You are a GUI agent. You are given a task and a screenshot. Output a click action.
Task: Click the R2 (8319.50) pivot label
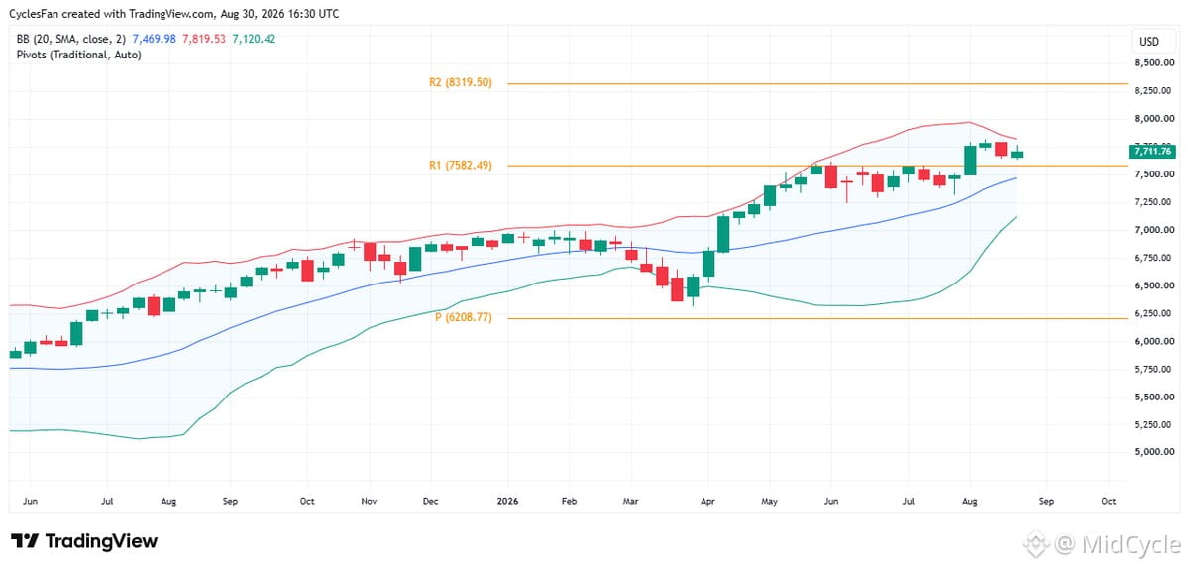click(460, 83)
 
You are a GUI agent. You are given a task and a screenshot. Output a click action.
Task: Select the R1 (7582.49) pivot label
click(460, 166)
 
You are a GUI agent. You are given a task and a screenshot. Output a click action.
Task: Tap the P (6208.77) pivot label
click(464, 317)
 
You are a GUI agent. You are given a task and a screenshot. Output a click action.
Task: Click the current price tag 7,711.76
click(1151, 152)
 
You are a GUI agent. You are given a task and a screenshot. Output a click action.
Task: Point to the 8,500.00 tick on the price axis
click(1154, 63)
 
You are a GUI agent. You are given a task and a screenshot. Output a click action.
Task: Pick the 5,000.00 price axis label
click(1154, 452)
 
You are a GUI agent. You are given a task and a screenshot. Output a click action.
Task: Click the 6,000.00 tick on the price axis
click(1154, 341)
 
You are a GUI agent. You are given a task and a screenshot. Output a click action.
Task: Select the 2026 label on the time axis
click(507, 501)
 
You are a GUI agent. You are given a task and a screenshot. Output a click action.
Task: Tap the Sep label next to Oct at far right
click(1046, 501)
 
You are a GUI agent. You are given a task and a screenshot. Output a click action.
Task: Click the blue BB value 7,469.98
click(154, 39)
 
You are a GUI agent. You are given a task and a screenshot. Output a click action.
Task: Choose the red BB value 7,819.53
click(204, 39)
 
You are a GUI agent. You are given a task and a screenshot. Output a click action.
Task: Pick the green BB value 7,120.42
click(254, 39)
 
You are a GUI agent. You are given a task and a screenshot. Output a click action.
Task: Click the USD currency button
click(1149, 42)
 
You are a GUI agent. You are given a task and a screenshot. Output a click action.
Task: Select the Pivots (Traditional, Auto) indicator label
click(78, 55)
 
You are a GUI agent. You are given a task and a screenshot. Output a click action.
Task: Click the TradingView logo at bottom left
click(84, 541)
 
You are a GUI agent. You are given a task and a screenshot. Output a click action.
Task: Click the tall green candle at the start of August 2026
click(970, 160)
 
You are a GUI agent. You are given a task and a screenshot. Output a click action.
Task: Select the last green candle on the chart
click(1017, 154)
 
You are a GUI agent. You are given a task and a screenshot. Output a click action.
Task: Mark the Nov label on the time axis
click(369, 501)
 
